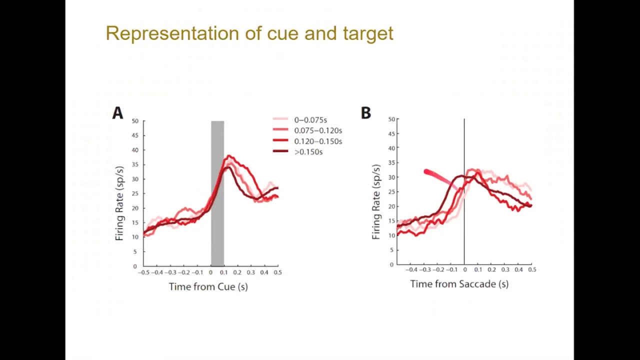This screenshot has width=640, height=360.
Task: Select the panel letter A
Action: pos(117,113)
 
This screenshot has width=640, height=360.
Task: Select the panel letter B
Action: pos(365,113)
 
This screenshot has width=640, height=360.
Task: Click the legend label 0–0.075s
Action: pos(310,120)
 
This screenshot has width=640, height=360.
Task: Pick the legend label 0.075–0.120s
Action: pos(317,130)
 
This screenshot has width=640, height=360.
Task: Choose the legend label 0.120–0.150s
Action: pos(317,141)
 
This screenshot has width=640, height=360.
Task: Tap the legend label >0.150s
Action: pos(308,152)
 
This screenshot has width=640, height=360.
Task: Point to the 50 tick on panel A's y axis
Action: pos(135,121)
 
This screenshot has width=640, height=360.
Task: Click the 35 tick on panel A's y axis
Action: pos(135,164)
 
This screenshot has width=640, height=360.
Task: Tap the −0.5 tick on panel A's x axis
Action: pos(144,272)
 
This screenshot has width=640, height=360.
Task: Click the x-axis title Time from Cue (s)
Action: pos(208,286)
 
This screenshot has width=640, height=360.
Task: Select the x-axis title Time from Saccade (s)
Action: pos(459,284)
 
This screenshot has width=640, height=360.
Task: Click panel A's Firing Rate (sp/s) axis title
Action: pos(119,203)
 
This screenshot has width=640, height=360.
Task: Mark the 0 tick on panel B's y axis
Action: pos(392,264)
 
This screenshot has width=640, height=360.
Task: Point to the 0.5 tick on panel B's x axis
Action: pos(532,269)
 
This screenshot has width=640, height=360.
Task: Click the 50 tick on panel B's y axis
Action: pos(391,119)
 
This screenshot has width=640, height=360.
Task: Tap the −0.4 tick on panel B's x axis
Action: pos(411,269)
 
